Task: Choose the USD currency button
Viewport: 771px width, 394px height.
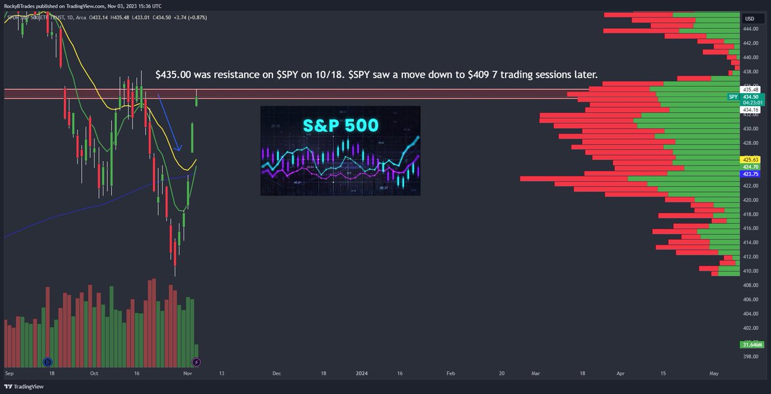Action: point(749,19)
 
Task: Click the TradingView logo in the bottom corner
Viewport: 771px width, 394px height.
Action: point(25,387)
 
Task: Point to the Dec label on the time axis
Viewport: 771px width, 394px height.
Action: point(276,372)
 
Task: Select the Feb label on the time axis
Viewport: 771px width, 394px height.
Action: point(450,372)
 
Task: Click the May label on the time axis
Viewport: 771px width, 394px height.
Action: point(713,372)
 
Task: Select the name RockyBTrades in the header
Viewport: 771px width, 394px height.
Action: point(22,4)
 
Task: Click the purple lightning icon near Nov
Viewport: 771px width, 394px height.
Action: point(197,362)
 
